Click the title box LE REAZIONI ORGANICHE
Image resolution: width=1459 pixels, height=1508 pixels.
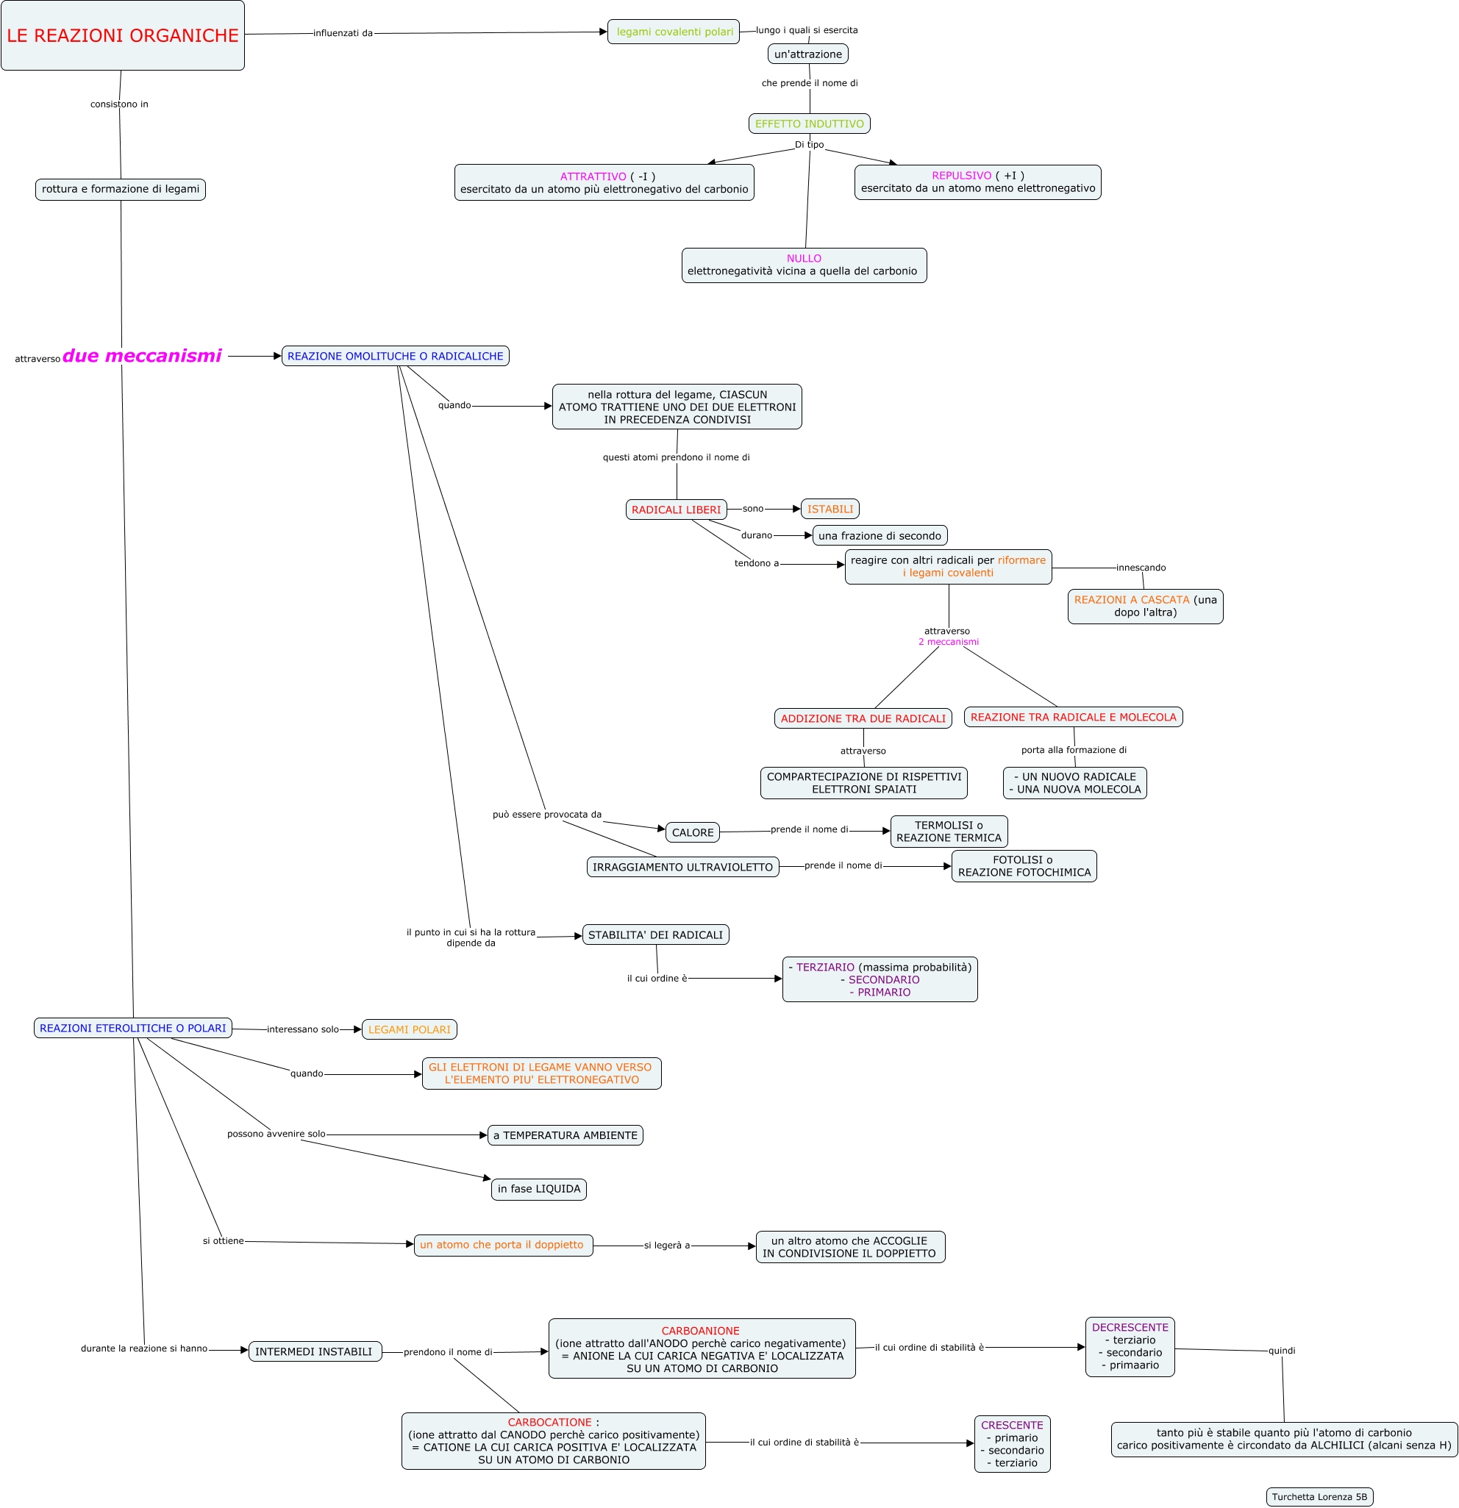point(122,35)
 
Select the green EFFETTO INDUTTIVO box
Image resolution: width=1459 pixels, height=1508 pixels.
point(809,124)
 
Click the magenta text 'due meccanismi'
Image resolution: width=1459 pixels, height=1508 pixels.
point(143,355)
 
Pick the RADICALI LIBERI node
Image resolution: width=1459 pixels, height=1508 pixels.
point(676,510)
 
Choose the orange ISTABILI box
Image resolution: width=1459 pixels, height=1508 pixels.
point(830,510)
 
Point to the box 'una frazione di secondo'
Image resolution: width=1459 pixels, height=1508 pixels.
point(879,535)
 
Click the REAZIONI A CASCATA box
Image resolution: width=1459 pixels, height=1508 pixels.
point(1144,607)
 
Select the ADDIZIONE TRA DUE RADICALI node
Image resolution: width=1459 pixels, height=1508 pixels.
point(863,718)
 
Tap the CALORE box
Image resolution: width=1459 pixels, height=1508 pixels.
point(692,832)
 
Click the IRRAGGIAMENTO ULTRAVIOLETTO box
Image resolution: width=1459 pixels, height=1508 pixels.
point(682,867)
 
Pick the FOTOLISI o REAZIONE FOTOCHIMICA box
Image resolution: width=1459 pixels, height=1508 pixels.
point(1024,866)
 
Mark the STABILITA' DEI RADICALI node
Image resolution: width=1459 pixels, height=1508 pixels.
point(654,935)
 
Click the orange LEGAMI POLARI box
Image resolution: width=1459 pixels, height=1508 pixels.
point(409,1029)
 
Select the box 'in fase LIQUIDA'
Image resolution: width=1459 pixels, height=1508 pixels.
point(538,1190)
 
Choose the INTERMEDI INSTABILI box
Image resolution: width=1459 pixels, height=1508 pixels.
point(314,1352)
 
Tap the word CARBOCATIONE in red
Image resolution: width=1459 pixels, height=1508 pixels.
point(549,1423)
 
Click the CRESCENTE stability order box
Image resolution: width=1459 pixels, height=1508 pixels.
point(1011,1444)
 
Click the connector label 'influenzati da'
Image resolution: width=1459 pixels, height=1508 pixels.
point(343,33)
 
